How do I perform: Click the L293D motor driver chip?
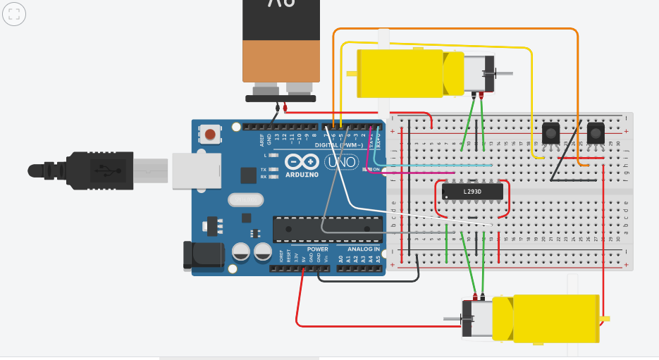click(472, 191)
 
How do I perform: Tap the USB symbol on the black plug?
click(103, 170)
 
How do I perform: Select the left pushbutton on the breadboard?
click(550, 132)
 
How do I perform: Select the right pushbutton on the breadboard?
click(596, 132)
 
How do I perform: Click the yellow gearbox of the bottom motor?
click(556, 320)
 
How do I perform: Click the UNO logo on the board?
click(341, 162)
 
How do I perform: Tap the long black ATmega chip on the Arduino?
click(327, 229)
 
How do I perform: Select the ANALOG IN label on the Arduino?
click(362, 249)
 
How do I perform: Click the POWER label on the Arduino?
click(317, 249)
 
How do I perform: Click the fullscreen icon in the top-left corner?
click(14, 13)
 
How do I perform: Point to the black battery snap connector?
click(280, 99)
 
